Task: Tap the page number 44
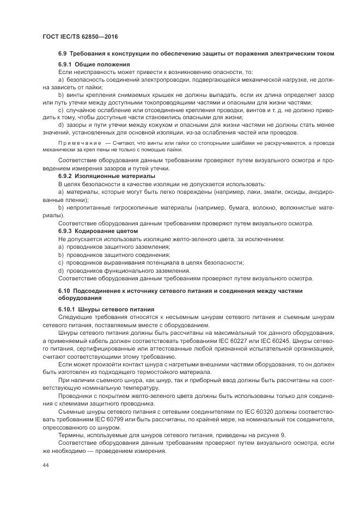tap(45, 465)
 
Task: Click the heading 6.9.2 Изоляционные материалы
tap(106, 176)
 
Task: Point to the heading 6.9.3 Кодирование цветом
tap(97, 231)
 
